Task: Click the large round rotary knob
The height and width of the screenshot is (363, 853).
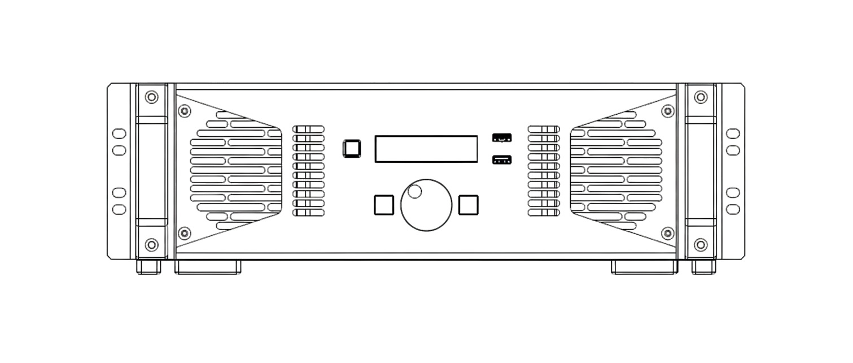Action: coord(426,205)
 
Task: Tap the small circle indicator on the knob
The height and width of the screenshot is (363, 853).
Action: coord(414,192)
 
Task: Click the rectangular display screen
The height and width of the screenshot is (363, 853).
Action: coord(426,149)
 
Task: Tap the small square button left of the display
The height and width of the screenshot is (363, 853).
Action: coord(351,148)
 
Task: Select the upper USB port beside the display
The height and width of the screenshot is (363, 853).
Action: coord(501,137)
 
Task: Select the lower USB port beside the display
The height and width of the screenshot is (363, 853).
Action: coord(501,160)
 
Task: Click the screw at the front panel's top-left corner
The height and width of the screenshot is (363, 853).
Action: coord(184,111)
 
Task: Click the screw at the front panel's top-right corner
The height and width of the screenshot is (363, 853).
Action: coord(668,111)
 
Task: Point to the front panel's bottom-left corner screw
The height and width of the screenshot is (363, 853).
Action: coord(184,233)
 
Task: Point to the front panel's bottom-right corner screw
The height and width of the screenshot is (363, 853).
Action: coord(668,233)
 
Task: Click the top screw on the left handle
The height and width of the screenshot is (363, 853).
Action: coord(151,97)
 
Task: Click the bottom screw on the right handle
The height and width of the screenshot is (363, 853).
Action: coord(701,244)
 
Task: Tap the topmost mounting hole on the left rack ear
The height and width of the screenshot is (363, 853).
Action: coord(119,134)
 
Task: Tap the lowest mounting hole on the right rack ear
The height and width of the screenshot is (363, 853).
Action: coord(733,209)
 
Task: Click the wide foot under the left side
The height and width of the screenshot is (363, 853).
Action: coord(208,267)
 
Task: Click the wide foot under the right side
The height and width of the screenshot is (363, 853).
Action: coord(644,267)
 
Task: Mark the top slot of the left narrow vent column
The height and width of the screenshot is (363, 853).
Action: coord(308,129)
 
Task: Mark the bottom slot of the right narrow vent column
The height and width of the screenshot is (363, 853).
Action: coord(544,213)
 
